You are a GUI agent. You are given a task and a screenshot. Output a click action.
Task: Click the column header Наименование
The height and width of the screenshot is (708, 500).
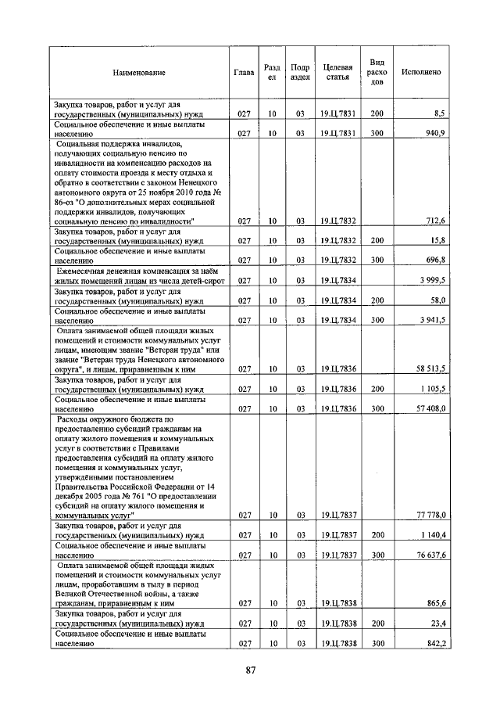139,73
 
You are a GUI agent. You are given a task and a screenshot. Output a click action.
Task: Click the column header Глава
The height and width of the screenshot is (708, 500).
244,73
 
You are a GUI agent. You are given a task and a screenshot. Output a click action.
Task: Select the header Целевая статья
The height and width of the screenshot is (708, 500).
337,73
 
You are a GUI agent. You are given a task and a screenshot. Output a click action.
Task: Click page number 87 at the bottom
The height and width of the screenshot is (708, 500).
251,670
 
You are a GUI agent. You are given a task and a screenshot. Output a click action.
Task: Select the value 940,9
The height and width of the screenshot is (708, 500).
432,134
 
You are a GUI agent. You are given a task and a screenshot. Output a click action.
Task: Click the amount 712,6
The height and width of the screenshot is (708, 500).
432,221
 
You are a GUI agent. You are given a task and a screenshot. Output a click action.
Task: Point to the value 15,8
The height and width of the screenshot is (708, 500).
435,240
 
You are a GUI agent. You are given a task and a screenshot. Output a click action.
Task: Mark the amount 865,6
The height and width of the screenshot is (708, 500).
432,604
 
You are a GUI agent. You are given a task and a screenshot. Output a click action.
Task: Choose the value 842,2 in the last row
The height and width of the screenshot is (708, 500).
432,644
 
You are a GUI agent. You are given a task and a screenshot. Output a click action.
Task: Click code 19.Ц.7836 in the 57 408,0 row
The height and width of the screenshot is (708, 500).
337,408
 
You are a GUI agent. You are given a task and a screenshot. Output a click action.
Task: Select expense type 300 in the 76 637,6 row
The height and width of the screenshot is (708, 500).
377,555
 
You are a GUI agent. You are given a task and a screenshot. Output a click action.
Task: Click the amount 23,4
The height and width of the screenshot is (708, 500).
435,624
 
